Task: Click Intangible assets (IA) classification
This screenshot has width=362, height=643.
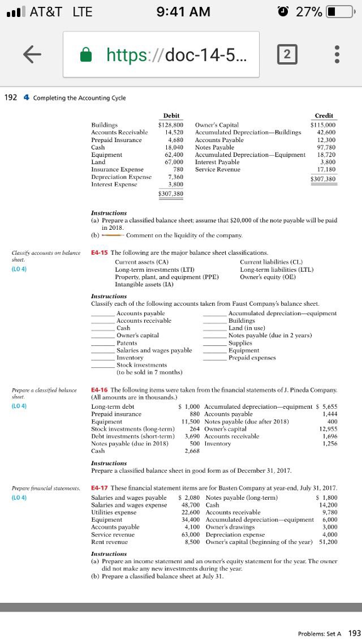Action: [144, 284]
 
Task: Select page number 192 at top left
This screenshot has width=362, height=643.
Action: [11, 98]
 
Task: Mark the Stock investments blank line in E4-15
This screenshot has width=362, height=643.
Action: [103, 365]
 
